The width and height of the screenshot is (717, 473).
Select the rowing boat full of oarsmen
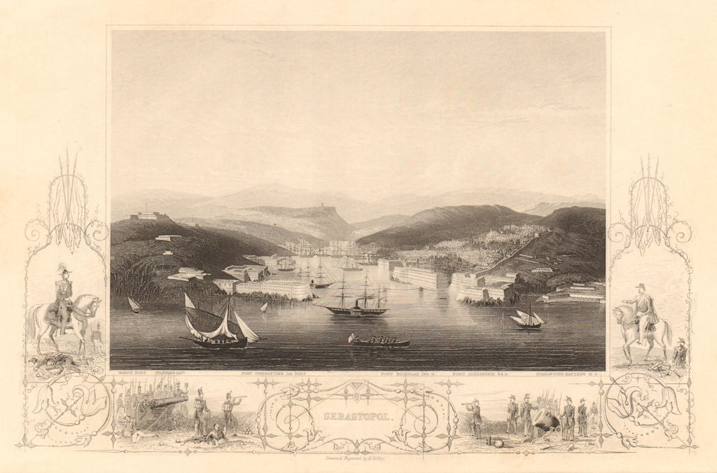380,341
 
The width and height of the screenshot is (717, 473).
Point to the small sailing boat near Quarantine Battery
529,319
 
